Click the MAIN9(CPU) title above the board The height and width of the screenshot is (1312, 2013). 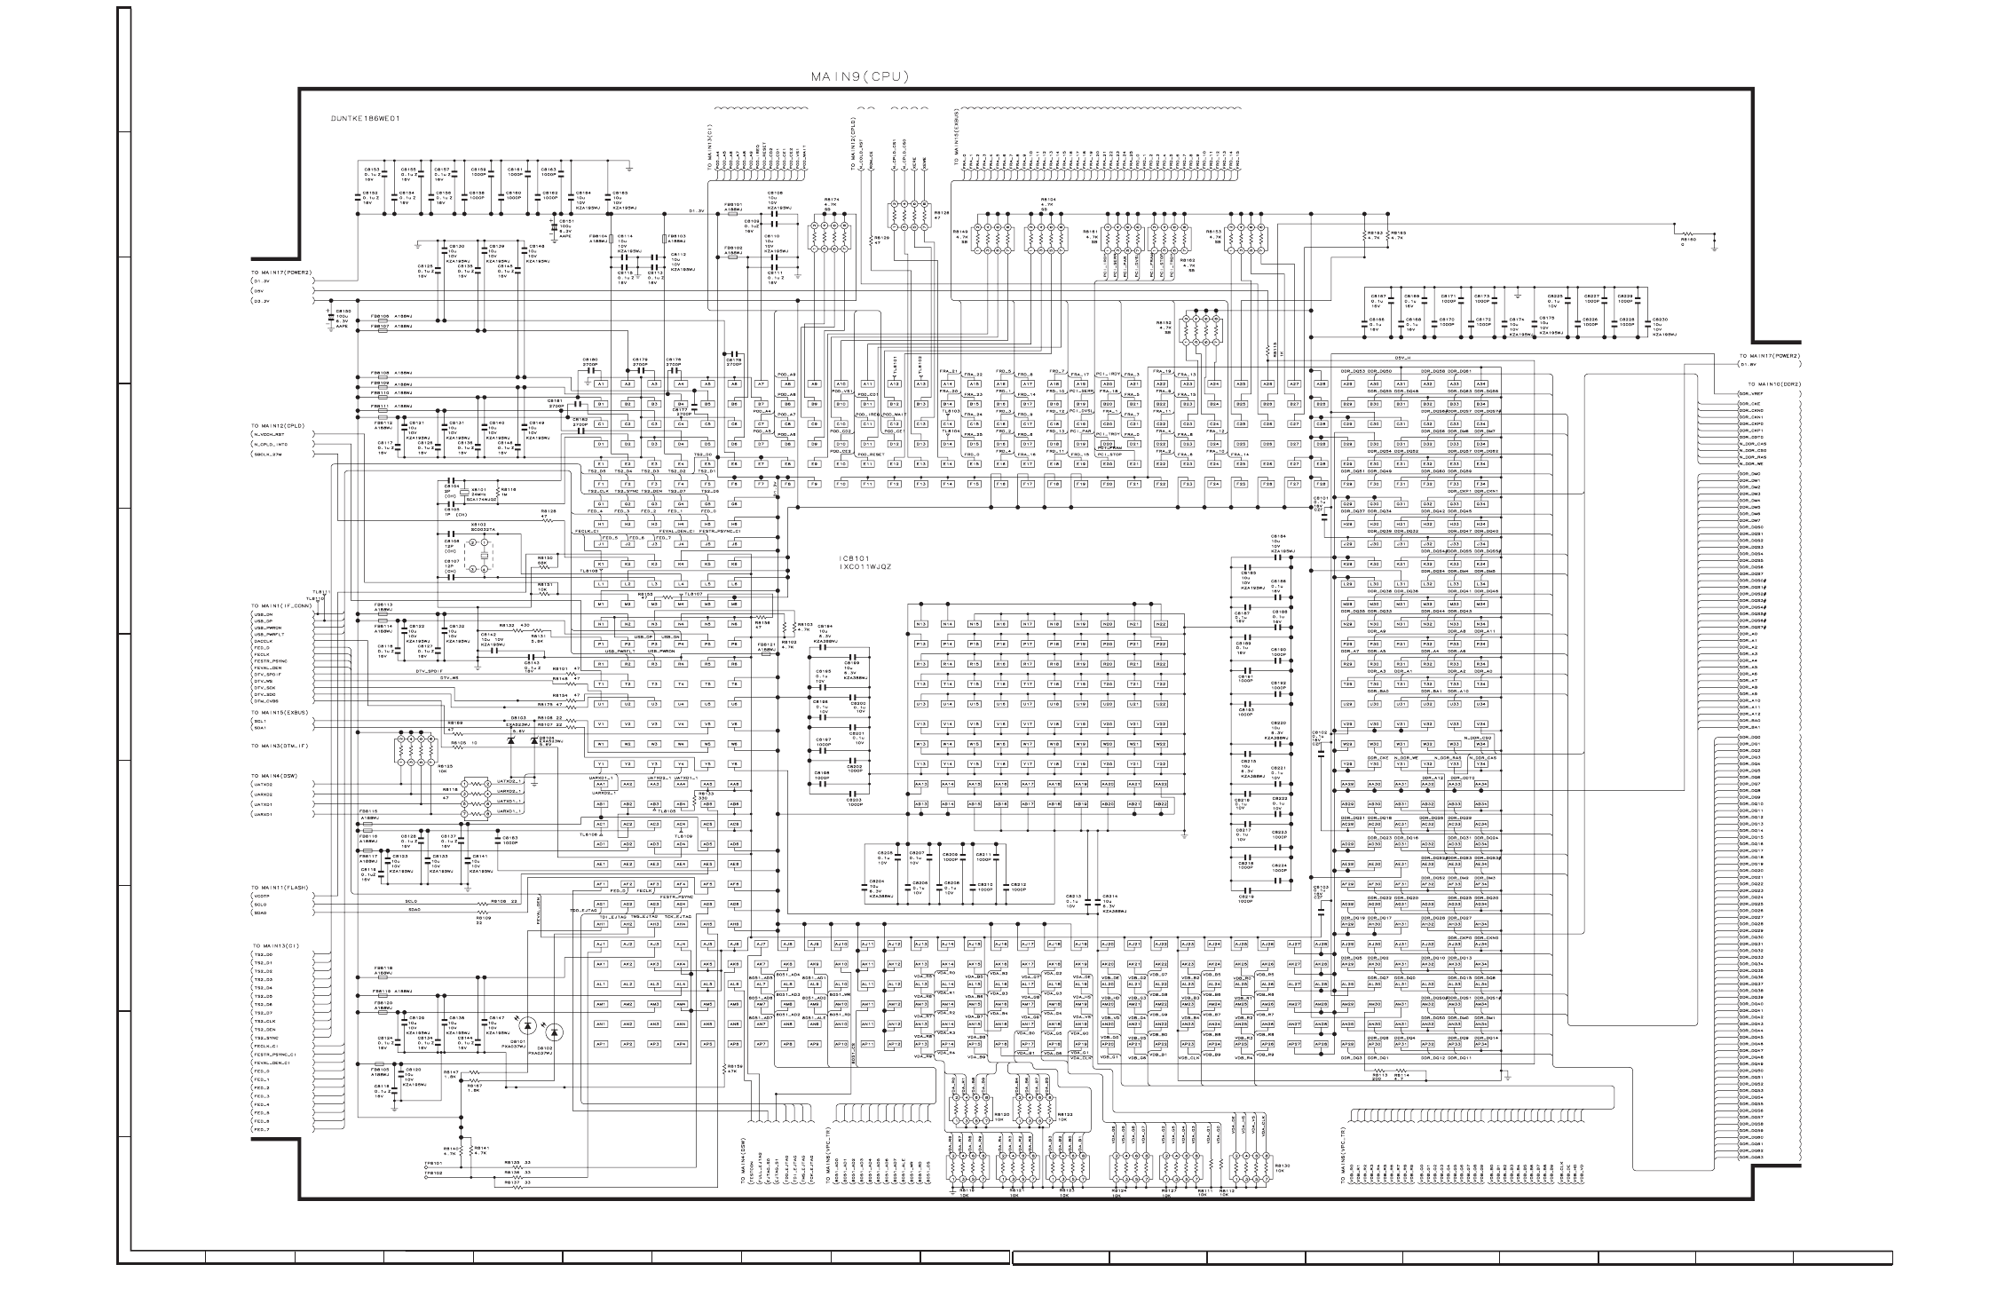(859, 77)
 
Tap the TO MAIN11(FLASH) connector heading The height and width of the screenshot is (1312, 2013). (280, 887)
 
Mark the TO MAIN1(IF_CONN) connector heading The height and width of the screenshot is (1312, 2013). (281, 605)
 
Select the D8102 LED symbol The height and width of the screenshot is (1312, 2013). (555, 1031)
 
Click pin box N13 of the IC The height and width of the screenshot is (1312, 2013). (920, 624)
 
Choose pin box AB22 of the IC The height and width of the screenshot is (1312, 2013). (1159, 803)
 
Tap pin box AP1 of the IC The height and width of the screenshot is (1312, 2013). (601, 1044)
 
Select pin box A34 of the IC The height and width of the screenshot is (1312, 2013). (1480, 383)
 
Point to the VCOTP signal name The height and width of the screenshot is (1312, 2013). (261, 896)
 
